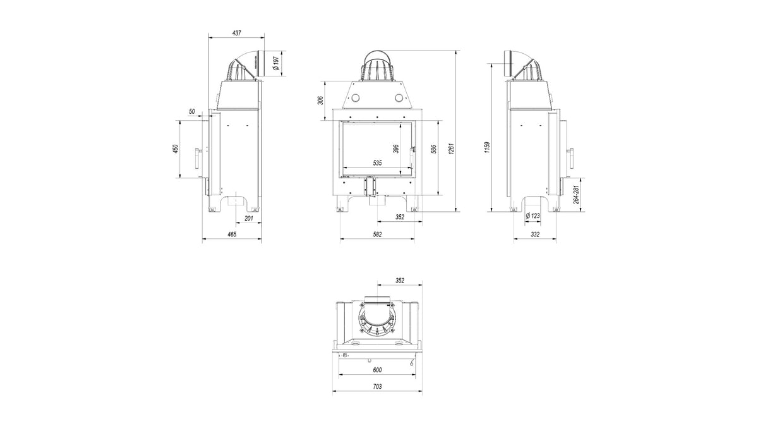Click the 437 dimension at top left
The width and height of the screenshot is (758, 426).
point(238,32)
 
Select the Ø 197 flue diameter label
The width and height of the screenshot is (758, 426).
point(275,63)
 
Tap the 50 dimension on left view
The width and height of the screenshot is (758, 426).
point(191,111)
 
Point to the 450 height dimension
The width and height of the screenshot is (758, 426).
point(176,149)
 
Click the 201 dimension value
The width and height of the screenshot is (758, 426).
point(248,219)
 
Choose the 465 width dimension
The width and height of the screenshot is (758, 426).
point(231,234)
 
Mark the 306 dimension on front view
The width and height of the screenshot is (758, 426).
point(320,100)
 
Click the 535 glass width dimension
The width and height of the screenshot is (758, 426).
point(377,163)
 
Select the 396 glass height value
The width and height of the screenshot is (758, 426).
point(396,149)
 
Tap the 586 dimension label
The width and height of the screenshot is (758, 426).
point(435,149)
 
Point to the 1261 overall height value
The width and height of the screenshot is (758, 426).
point(451,149)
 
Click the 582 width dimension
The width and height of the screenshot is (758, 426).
point(377,234)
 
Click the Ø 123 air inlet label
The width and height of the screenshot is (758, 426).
point(533,216)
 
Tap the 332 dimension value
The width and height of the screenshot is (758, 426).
point(534,234)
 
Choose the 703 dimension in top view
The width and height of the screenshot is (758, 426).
point(377,386)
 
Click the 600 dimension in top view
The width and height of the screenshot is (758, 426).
point(377,370)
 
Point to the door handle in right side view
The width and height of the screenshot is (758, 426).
point(572,154)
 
